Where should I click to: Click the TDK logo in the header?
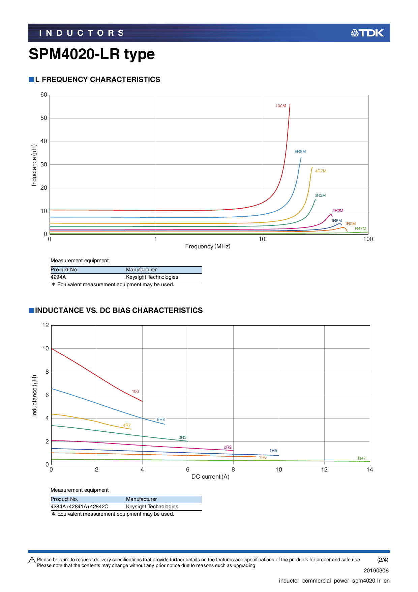coord(367,33)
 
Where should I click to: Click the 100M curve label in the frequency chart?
coord(280,106)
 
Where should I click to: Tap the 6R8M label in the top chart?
coord(300,152)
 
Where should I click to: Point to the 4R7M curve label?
coord(321,171)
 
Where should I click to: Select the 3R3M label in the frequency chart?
coord(320,195)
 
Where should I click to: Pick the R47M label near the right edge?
coord(360,228)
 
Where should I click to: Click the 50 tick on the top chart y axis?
coord(44,118)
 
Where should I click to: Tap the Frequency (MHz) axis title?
coord(208,246)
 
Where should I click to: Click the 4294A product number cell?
coord(58,277)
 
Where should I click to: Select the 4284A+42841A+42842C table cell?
coord(79,507)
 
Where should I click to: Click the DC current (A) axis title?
coord(210,477)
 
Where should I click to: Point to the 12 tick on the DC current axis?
coord(324,469)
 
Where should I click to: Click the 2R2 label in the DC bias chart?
coord(228,447)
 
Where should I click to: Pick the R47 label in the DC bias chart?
coord(362,458)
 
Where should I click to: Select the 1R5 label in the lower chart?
coord(273,451)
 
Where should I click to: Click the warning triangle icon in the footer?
coord(32,560)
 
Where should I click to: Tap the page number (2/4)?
coord(383,560)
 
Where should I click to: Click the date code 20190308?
coord(376,570)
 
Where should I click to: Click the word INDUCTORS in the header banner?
coord(82,33)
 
